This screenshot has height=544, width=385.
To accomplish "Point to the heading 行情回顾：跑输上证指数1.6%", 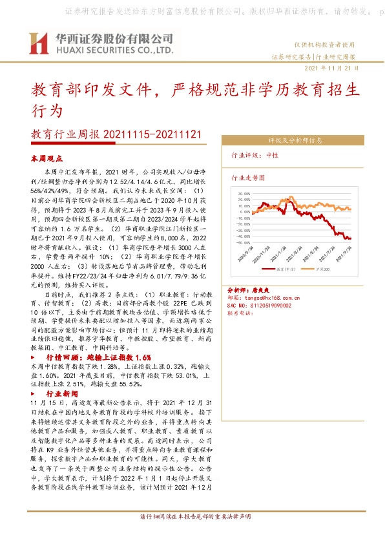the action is [98, 357].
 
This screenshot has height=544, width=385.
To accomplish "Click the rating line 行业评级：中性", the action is [255, 156].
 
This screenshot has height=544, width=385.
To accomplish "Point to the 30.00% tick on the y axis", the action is [244, 193].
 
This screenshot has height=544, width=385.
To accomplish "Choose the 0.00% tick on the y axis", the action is [245, 212].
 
